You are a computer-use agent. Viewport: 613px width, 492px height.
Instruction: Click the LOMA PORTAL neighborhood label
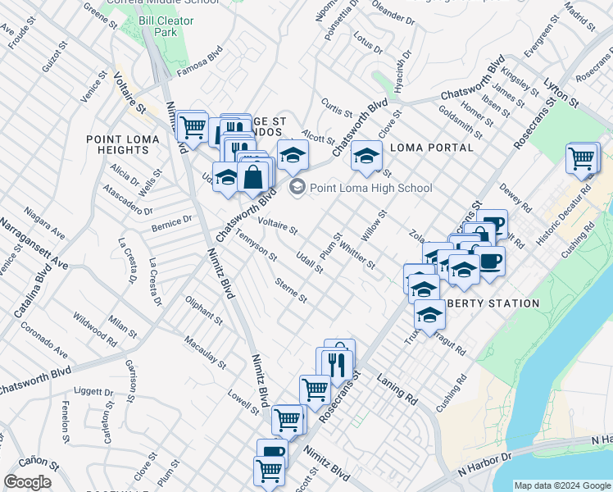click(x=432, y=148)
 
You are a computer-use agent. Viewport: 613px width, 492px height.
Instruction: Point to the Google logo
click(x=27, y=482)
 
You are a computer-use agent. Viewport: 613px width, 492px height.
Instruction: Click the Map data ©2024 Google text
click(x=561, y=485)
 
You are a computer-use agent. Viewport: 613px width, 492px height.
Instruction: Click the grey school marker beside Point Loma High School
click(x=297, y=188)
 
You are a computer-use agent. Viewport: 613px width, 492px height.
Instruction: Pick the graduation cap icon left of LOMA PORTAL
click(x=366, y=156)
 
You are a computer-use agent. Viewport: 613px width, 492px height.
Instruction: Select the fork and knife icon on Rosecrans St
click(x=338, y=362)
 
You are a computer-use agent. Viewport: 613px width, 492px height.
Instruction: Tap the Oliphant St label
click(x=204, y=309)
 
